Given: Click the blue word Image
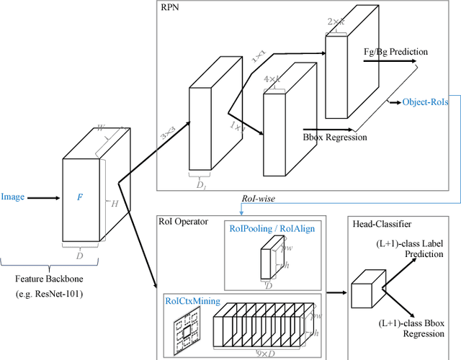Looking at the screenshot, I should click(13, 197).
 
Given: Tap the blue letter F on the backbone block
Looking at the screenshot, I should click(80, 196).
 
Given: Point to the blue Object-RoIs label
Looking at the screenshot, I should click(425, 102).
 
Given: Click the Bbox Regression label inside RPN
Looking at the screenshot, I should click(336, 137).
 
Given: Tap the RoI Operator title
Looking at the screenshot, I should click(184, 221).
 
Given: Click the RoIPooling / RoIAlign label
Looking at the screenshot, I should click(272, 228).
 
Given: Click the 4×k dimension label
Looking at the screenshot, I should click(272, 78).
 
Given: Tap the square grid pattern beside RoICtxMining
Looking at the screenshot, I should click(187, 330).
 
